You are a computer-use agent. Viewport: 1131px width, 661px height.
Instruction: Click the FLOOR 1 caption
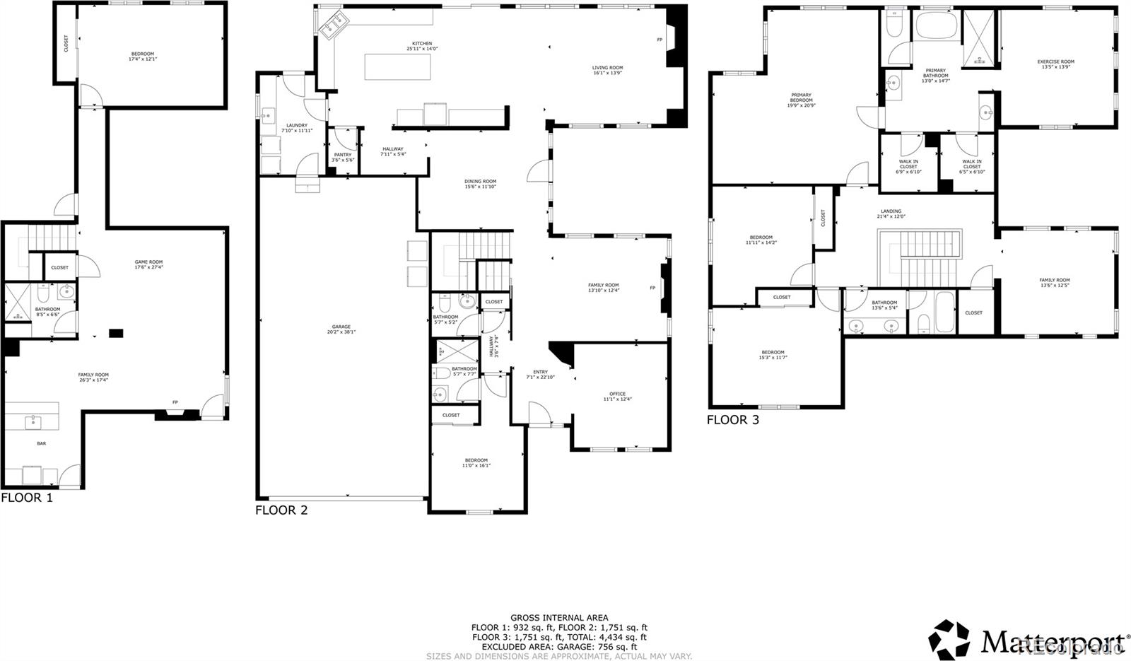pos(27,498)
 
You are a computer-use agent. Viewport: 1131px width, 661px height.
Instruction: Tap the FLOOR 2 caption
pos(281,510)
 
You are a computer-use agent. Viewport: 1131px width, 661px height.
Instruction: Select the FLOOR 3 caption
pos(733,420)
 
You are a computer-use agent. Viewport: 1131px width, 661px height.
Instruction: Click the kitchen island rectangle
pos(397,67)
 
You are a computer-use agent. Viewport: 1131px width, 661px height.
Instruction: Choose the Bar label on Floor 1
pos(42,444)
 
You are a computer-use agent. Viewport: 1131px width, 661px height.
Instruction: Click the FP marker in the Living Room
pos(660,40)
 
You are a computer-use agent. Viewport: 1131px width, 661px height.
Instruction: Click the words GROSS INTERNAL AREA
pos(559,618)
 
